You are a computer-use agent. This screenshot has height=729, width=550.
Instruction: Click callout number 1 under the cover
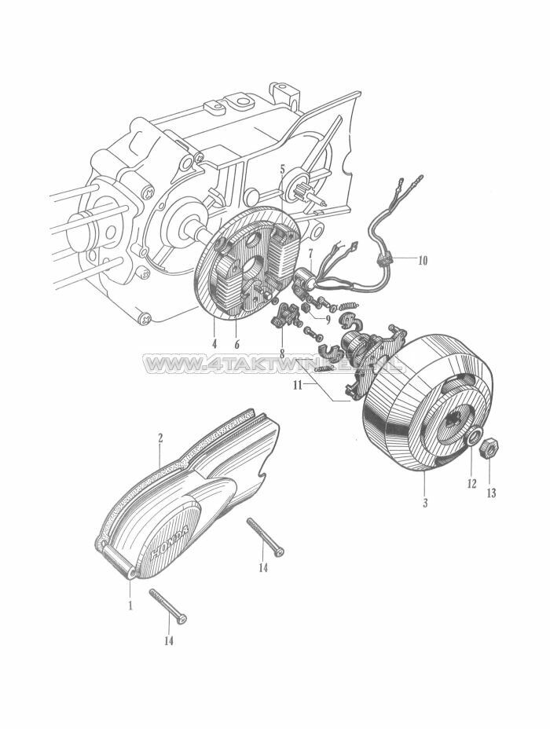[x=130, y=606]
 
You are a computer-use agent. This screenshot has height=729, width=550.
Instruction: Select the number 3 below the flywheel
[x=425, y=502]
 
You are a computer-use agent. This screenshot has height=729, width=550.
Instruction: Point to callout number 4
[x=214, y=343]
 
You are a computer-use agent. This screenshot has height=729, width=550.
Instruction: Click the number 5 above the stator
[x=282, y=169]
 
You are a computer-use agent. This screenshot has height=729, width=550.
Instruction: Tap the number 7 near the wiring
[x=310, y=253]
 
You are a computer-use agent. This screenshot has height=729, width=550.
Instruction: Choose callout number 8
[x=281, y=354]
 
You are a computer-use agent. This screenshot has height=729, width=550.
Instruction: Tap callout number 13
[x=492, y=493]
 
